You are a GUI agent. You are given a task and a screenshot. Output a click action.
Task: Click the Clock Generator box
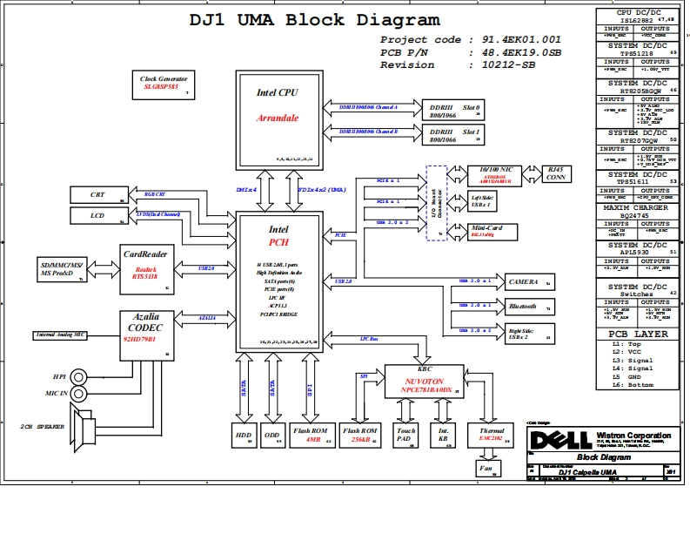164,84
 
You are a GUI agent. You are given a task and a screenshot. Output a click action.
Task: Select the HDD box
243,435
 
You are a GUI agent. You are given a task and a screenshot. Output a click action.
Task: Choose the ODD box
272,435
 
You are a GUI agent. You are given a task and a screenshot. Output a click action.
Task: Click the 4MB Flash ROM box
312,435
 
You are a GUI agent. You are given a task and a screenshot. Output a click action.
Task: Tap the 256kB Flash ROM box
359,435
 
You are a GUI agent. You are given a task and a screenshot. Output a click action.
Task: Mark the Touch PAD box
405,435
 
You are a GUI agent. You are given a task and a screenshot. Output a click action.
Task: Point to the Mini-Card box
487,231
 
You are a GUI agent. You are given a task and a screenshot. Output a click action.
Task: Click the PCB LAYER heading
638,335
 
